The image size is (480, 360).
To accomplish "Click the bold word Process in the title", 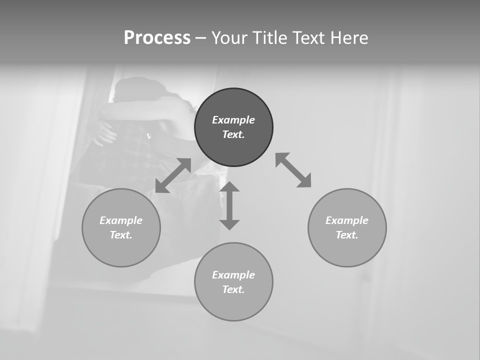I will click(157, 38).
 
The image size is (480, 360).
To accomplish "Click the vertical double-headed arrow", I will click(229, 205).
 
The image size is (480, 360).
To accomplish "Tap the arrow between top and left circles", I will click(173, 175).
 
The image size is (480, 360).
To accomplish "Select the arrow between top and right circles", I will click(293, 170).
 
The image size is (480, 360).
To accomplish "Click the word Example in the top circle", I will click(233, 120).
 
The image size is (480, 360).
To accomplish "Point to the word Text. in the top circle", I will click(233, 134).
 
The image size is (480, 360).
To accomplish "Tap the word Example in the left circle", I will click(121, 220).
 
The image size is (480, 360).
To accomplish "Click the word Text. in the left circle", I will click(121, 235).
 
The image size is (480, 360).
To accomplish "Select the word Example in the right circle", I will click(347, 220).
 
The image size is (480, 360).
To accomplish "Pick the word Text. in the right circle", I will click(347, 235).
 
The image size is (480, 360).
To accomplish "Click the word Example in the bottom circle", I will click(233, 275).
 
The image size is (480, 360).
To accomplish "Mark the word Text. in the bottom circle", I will click(233, 289).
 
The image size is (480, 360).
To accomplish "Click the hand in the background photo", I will click(105, 132).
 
